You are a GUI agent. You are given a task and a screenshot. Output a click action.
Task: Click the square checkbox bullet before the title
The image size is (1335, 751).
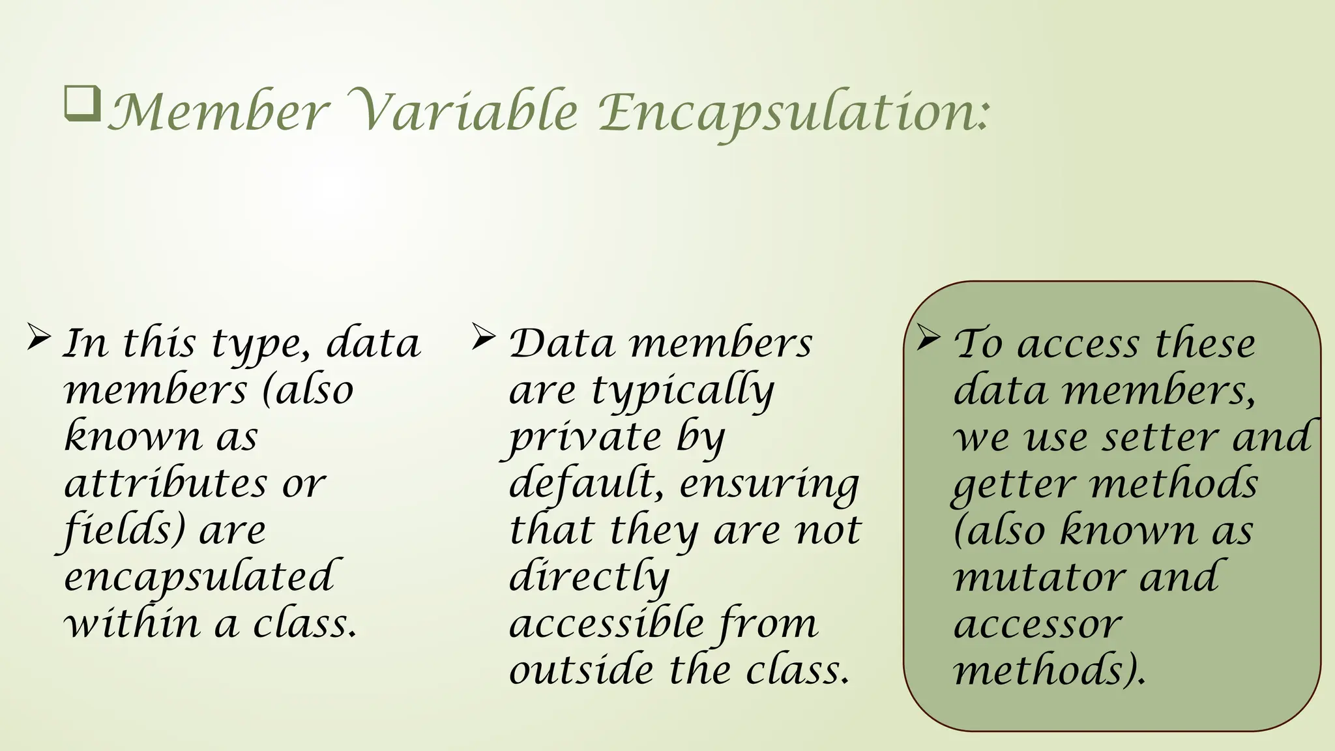(x=83, y=103)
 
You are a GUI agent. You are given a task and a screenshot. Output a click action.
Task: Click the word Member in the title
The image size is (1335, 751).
(x=217, y=112)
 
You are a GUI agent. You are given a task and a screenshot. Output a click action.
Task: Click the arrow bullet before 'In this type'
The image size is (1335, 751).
(x=39, y=338)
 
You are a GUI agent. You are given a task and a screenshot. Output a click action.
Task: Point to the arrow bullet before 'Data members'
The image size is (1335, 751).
(x=484, y=337)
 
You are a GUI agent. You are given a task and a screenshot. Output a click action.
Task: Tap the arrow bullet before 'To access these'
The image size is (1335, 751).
(x=928, y=337)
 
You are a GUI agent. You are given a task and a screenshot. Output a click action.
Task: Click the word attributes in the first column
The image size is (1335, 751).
(x=166, y=484)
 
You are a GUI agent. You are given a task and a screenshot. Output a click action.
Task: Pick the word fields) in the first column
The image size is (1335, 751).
(x=124, y=531)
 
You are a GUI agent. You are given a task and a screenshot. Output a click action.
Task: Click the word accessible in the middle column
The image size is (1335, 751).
(x=606, y=624)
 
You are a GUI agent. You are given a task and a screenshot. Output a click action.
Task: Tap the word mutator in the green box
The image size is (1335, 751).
(x=1038, y=578)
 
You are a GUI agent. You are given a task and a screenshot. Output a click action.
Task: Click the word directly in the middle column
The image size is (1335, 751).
(x=589, y=578)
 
